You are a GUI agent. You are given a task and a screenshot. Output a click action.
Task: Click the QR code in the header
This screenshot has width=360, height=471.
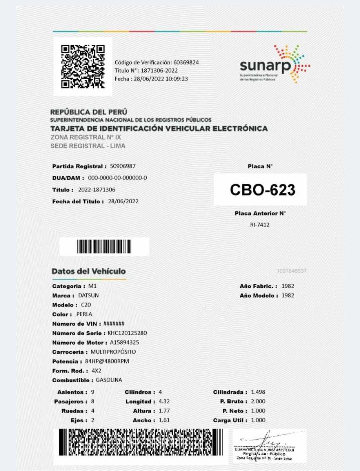(83, 66)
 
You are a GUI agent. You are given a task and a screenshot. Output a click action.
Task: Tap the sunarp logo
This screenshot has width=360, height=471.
(275, 64)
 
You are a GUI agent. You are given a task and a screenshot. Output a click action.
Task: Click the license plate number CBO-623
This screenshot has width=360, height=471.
(262, 190)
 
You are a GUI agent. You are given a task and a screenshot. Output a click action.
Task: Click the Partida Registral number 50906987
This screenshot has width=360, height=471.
(123, 166)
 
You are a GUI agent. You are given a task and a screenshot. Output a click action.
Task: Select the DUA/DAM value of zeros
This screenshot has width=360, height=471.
(117, 178)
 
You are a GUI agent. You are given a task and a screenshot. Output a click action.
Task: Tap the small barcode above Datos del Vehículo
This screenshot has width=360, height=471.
(104, 246)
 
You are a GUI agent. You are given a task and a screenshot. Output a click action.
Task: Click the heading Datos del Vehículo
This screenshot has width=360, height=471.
(89, 271)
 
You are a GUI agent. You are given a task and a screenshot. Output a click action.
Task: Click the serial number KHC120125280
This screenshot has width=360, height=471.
(124, 333)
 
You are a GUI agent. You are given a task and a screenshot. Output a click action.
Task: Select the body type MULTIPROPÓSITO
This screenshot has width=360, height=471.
(113, 352)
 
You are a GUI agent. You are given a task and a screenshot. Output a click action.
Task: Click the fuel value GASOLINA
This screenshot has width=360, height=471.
(109, 380)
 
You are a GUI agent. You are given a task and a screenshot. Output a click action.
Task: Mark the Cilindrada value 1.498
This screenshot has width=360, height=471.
(258, 392)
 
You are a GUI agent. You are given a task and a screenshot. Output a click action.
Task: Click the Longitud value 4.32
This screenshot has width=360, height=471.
(164, 402)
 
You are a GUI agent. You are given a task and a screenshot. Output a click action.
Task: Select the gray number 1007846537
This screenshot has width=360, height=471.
(291, 271)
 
